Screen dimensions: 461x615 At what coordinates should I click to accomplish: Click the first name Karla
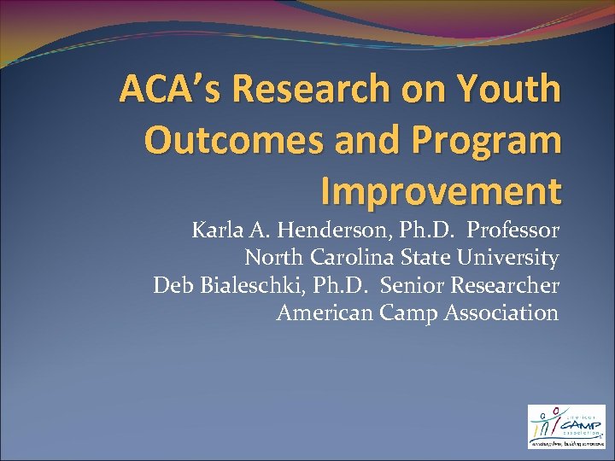coord(215,230)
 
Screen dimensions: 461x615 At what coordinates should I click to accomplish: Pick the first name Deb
coord(172,285)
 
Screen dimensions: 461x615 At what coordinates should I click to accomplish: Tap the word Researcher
coord(507,285)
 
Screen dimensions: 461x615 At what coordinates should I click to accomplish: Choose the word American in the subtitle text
coord(325,312)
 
